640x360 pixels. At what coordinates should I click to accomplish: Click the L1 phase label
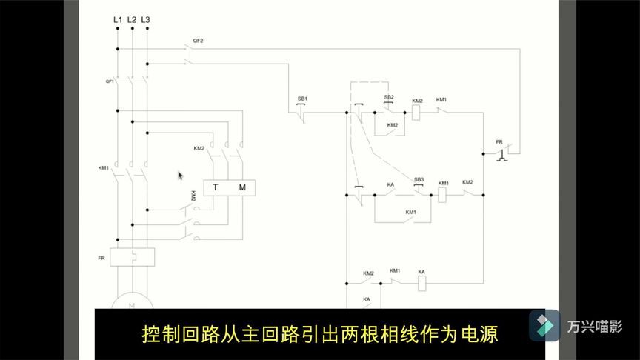pyautogui.click(x=117, y=19)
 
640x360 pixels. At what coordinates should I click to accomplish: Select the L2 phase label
pyautogui.click(x=131, y=19)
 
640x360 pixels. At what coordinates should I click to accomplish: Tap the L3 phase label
pyautogui.click(x=145, y=19)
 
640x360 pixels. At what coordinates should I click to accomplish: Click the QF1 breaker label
pyautogui.click(x=110, y=81)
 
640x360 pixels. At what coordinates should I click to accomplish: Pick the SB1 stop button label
pyautogui.click(x=302, y=99)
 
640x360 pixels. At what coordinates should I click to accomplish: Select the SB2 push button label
pyautogui.click(x=389, y=98)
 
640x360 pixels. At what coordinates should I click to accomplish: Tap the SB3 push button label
pyautogui.click(x=419, y=179)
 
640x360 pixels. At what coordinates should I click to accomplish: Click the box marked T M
pyautogui.click(x=229, y=187)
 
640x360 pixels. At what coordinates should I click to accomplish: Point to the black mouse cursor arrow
pyautogui.click(x=180, y=176)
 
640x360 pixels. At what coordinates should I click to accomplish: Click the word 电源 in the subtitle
pyautogui.click(x=481, y=335)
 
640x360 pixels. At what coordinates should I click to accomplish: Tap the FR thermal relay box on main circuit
pyautogui.click(x=132, y=257)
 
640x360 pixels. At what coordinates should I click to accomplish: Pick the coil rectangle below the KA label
pyautogui.click(x=421, y=282)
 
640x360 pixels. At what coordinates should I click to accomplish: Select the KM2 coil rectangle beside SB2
pyautogui.click(x=417, y=113)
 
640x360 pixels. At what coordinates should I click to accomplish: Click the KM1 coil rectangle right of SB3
pyautogui.click(x=443, y=196)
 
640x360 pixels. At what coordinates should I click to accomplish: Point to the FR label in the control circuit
pyautogui.click(x=499, y=141)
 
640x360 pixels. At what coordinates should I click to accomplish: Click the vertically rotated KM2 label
pyautogui.click(x=193, y=196)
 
